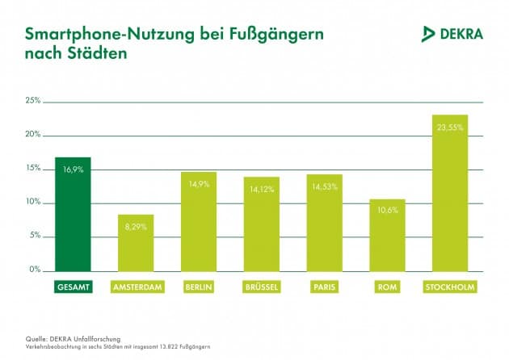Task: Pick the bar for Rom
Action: (387, 238)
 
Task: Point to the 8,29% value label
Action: (136, 228)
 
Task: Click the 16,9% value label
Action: (73, 170)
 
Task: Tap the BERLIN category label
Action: (199, 287)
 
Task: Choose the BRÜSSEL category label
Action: (262, 287)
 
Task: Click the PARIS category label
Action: (324, 287)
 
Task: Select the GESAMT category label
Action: (73, 287)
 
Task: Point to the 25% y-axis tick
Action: (33, 101)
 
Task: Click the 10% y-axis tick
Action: (33, 202)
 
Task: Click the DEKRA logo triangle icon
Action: (429, 34)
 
